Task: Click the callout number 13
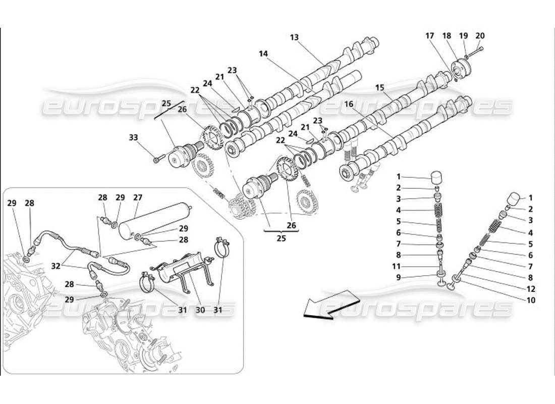tap(295, 37)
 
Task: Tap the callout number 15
tap(379, 87)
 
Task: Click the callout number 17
tap(429, 36)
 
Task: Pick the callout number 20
tap(480, 36)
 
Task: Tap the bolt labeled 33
tap(156, 161)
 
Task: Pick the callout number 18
tap(447, 36)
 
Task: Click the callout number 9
tap(398, 277)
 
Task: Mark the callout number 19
tap(463, 36)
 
